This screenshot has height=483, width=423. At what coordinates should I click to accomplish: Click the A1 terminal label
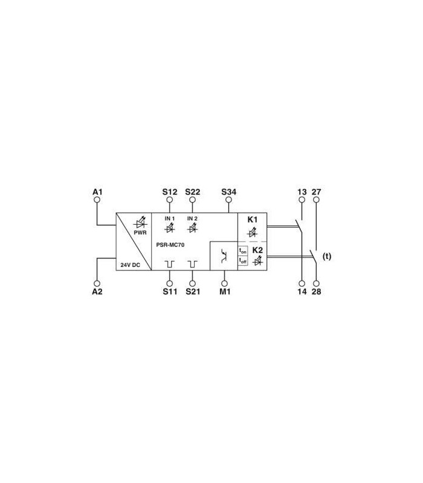pos(97,192)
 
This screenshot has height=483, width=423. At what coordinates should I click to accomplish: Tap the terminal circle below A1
pos(97,200)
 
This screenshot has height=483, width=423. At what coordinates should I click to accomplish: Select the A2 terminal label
pos(97,292)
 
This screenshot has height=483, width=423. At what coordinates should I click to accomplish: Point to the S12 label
pos(170,192)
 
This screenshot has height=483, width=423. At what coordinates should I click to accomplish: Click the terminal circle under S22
pos(192,200)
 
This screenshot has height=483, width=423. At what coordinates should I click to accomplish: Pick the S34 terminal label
pos(229,192)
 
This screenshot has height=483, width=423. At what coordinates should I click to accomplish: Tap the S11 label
pos(170,292)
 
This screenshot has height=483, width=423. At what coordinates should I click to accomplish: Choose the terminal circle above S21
pos(192,283)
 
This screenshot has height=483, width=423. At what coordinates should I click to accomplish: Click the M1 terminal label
pos(225,292)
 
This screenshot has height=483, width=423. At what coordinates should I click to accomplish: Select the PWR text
pos(140,233)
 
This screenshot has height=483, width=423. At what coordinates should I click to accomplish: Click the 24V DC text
pos(130,265)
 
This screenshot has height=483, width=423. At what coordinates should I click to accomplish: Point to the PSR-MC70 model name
pos(170,245)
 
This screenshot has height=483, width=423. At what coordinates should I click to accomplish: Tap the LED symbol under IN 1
pos(170,228)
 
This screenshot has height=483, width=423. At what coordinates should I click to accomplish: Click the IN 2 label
pos(192,219)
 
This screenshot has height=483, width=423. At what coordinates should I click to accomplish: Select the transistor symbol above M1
pos(224,256)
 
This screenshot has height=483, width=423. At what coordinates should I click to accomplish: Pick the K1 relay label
pos(253,220)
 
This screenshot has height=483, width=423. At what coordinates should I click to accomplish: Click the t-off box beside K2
pos(243,261)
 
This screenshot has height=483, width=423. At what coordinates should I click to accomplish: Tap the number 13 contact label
pos(302,192)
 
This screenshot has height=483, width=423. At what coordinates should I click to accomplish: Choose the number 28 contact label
pos(316,292)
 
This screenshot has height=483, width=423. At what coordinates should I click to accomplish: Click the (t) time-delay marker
pos(327,256)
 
